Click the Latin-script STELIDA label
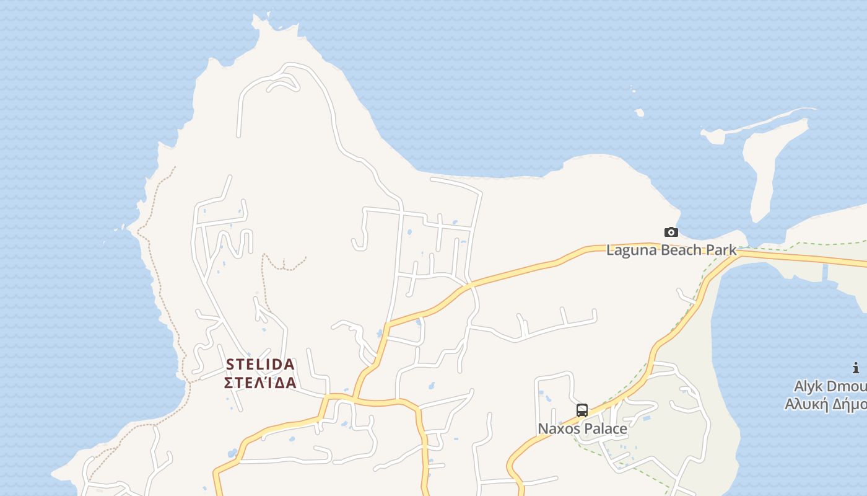pos(260,364)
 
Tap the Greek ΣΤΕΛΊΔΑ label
pos(260,382)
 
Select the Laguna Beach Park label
pos(671,250)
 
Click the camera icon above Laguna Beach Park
pos(671,232)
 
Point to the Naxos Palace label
pos(582,428)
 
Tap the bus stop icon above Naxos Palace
pos(582,410)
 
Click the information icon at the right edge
pos(856,368)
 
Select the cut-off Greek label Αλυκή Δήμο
pos(826,404)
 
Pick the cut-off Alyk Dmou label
pos(830,386)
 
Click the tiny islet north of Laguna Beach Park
pos(639,113)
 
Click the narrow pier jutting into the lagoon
pos(826,273)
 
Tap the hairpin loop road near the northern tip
pos(284,82)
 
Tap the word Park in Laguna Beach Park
pos(722,250)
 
